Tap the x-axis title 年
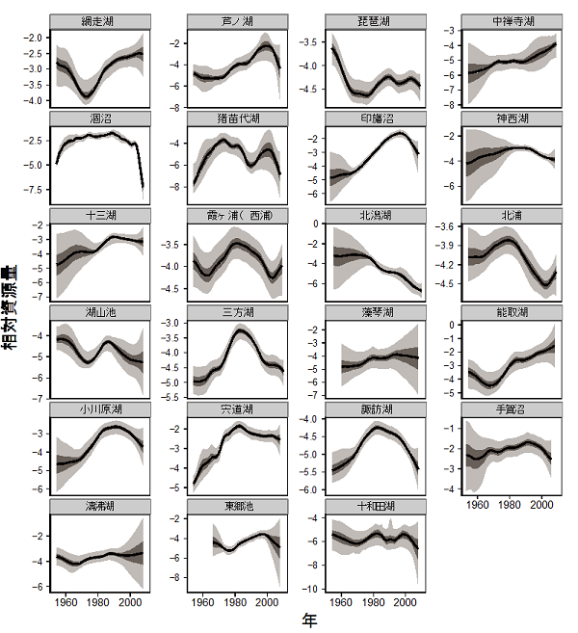pos(309,621)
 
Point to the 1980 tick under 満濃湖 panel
pos(97,602)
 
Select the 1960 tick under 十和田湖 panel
pos(341,602)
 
